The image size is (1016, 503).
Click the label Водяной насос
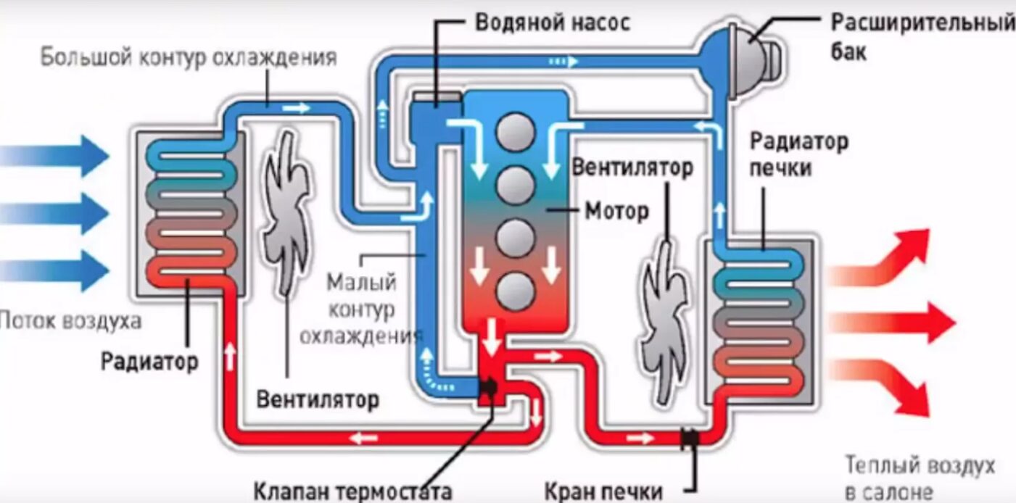(553, 22)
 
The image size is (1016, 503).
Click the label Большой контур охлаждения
(189, 57)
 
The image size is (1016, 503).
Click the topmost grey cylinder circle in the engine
(516, 132)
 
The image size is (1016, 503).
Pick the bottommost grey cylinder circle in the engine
(516, 291)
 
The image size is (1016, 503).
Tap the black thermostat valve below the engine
(489, 388)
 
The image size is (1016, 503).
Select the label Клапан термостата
(352, 491)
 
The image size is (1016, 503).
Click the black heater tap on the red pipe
(690, 438)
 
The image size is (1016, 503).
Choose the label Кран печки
(603, 491)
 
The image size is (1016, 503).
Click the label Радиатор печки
(798, 154)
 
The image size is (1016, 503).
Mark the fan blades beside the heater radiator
(665, 322)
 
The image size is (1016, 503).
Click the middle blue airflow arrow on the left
(54, 213)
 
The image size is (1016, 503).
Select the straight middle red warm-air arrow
(893, 323)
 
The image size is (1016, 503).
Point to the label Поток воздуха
(70, 321)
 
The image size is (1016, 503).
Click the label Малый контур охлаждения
(360, 310)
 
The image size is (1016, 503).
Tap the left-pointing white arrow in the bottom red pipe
(363, 438)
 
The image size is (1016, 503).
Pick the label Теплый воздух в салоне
(920, 478)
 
